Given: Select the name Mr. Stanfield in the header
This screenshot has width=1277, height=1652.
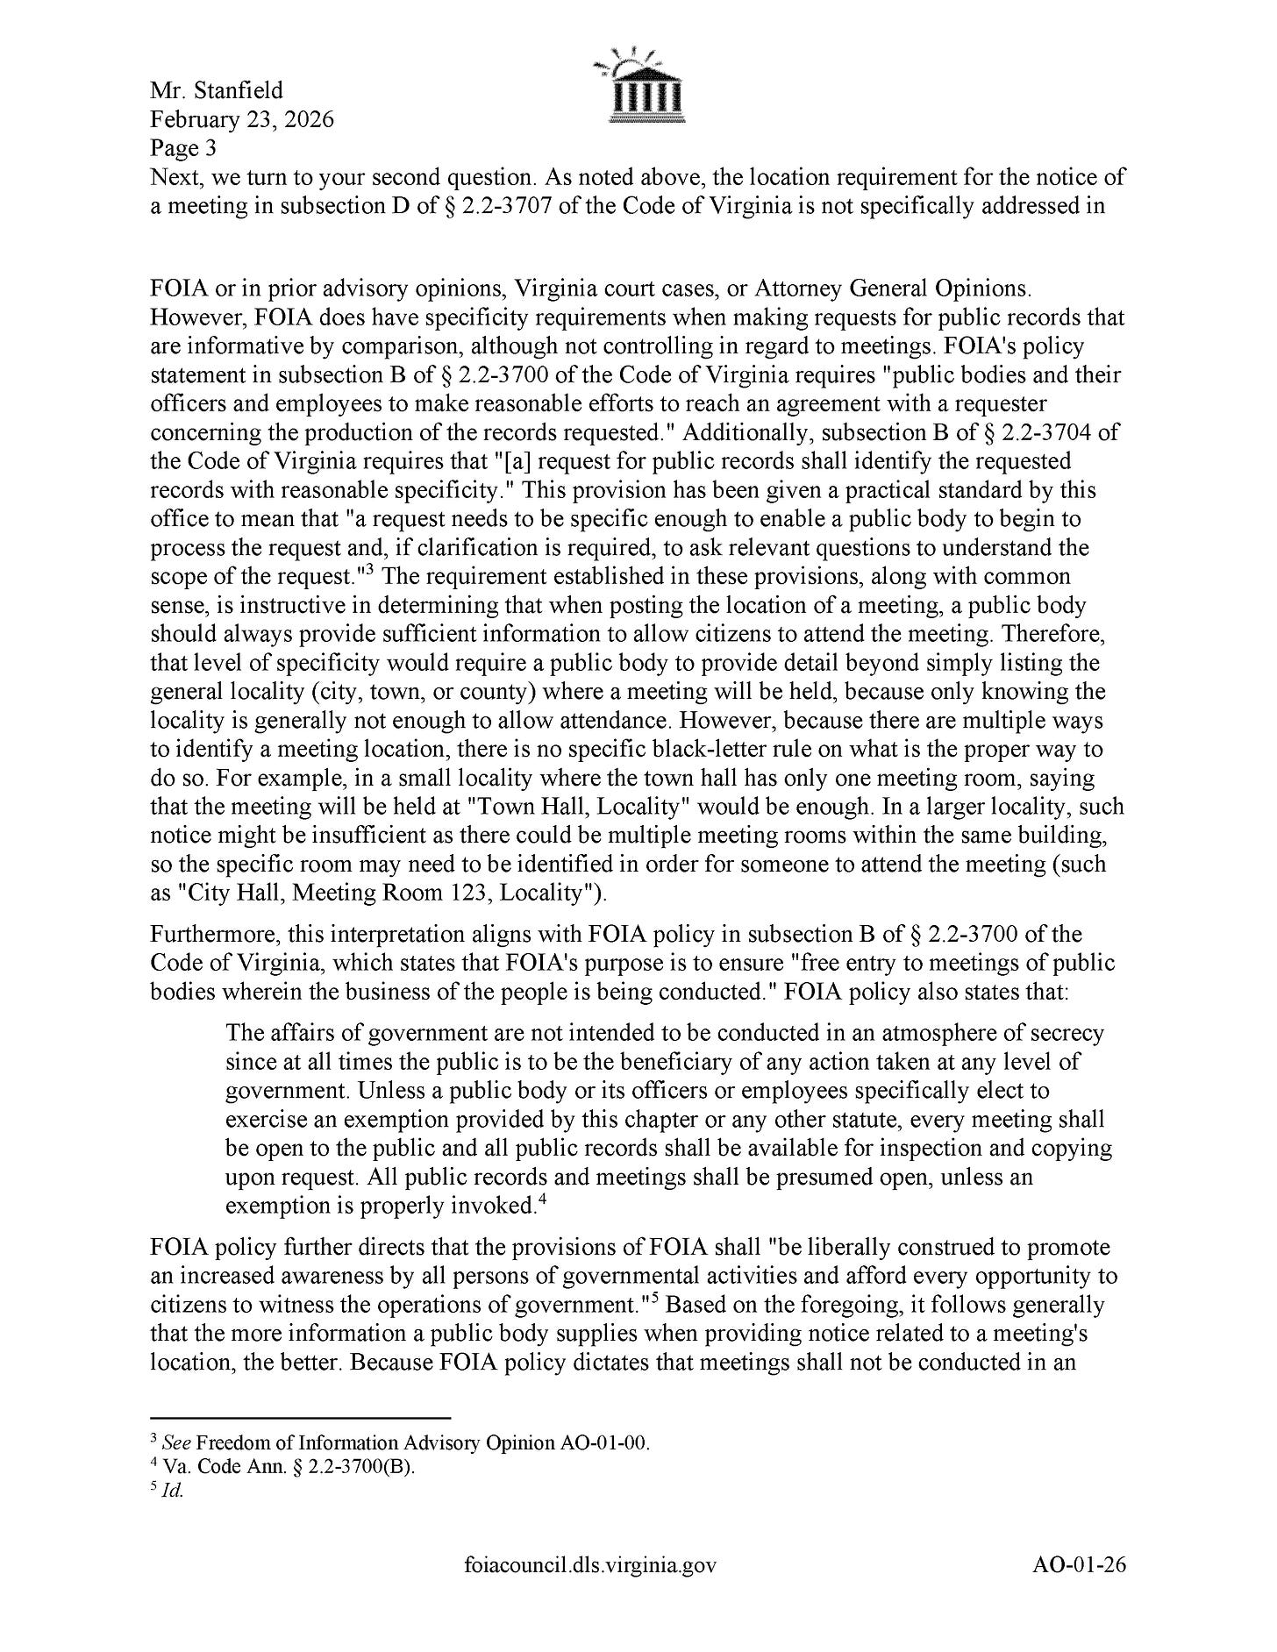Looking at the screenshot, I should point(217,90).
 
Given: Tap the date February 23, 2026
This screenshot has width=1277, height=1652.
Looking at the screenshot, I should point(242,119).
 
